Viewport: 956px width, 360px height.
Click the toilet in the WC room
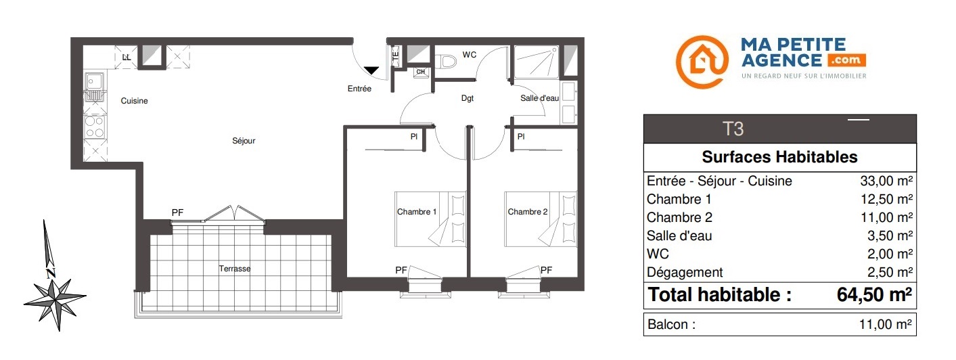(446, 61)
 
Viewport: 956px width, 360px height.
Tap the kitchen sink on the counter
(94, 87)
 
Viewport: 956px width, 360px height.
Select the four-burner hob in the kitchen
(95, 127)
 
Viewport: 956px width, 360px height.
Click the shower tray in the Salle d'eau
(536, 62)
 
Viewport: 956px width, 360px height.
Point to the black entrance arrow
(371, 70)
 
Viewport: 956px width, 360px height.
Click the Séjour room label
(244, 141)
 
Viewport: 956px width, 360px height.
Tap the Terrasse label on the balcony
(235, 269)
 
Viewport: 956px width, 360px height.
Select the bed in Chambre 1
(430, 219)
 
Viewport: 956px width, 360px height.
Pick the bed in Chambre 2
(541, 219)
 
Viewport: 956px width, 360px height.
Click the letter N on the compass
(51, 273)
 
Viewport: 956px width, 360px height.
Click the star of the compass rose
(55, 299)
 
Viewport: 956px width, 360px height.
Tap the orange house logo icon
(702, 62)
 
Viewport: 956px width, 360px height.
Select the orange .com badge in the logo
(847, 60)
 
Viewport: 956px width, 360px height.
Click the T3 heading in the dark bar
(733, 129)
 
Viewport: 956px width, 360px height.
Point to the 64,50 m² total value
(874, 294)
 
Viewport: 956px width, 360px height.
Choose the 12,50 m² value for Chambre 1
(886, 199)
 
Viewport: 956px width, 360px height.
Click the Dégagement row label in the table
(685, 273)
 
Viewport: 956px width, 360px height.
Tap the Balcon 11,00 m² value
(886, 325)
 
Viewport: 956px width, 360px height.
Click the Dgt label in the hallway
(468, 98)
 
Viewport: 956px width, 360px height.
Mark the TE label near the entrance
(396, 55)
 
